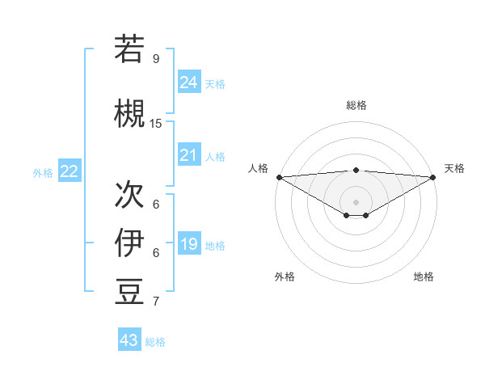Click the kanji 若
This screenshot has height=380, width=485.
tap(129, 49)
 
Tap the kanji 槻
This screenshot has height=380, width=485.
tap(129, 114)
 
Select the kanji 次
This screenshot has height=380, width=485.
tap(129, 193)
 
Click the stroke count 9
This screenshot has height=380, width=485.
tap(155, 58)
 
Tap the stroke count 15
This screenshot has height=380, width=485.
tap(156, 123)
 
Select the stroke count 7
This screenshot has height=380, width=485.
tap(155, 302)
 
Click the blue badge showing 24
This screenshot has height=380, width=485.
tap(188, 82)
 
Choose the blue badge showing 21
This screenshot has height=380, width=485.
tap(188, 155)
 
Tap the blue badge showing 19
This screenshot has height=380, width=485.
tap(188, 244)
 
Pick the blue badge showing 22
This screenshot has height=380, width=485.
tap(70, 171)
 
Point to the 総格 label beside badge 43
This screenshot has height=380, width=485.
tap(155, 342)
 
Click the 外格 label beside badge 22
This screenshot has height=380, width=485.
tap(43, 172)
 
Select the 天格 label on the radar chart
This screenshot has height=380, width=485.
tap(454, 168)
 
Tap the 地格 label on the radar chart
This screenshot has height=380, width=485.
tap(424, 277)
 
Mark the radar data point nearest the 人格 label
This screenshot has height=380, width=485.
tap(279, 177)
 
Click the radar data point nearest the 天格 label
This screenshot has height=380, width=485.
tap(433, 177)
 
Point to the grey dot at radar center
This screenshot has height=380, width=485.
tap(356, 201)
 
